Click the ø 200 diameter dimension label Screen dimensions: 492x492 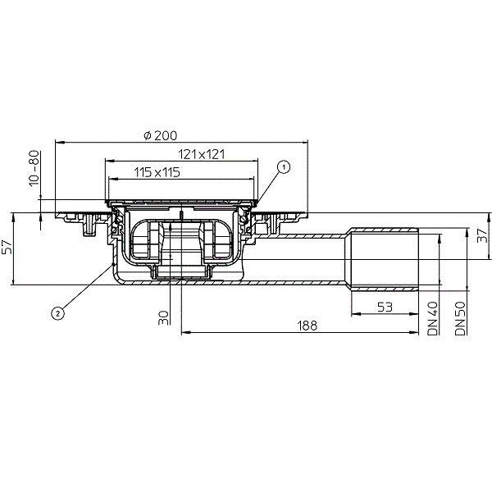click(161, 135)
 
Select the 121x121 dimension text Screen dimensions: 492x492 click(202, 154)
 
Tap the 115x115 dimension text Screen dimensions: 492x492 click(157, 172)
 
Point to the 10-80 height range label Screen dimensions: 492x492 click(34, 168)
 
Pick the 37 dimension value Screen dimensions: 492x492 click(483, 235)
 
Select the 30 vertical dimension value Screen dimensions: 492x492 click(163, 317)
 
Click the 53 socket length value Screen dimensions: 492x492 click(385, 307)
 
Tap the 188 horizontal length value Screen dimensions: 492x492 click(307, 326)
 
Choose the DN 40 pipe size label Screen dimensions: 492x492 click(433, 318)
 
